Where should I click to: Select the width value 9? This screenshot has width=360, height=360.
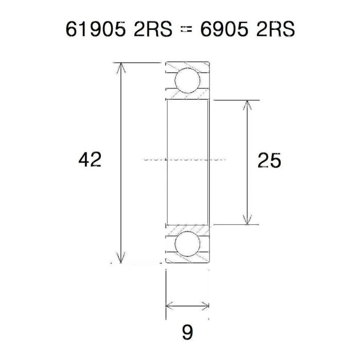coord(187,332)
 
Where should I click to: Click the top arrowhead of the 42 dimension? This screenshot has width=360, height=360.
coord(121,67)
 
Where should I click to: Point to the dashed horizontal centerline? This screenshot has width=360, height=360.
coord(185,159)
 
